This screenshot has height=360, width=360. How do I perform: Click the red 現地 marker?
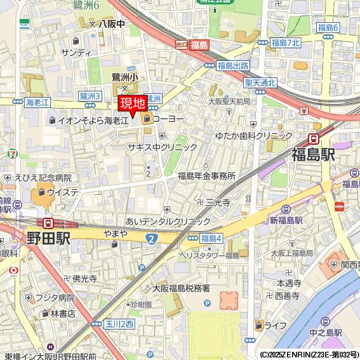[x=133, y=103]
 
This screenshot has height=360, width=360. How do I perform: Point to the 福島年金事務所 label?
[x=206, y=176]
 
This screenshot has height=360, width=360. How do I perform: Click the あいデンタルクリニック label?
[x=168, y=221]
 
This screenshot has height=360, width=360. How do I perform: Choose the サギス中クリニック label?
[x=163, y=147]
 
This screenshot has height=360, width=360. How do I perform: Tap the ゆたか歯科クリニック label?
[x=253, y=136]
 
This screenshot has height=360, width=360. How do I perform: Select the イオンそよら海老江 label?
[x=93, y=119]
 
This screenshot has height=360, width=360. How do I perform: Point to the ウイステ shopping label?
[x=62, y=192]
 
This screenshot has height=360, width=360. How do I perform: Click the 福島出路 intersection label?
[x=232, y=65]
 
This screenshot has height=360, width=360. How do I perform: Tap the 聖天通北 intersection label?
[x=260, y=83]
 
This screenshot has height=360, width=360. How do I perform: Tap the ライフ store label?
[x=275, y=325]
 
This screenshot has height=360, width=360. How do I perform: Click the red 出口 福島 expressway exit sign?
[x=192, y=44]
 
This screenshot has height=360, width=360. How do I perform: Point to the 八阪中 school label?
[x=111, y=23]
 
